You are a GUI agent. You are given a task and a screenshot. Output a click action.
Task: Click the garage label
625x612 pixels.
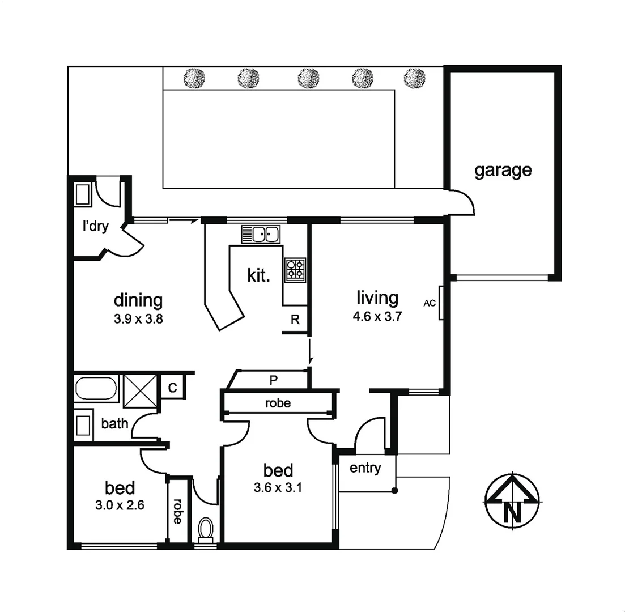pos(503,170)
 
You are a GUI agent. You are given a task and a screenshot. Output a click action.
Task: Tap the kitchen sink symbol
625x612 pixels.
pos(261,233)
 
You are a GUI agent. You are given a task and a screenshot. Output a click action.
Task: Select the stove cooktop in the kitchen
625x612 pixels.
pos(295,270)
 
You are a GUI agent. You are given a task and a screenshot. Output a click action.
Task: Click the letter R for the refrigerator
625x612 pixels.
pos(295,319)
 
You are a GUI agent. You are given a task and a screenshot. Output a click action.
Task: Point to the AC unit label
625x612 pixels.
pos(430,303)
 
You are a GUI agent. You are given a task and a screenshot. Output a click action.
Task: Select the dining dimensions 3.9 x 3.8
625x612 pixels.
pos(138,319)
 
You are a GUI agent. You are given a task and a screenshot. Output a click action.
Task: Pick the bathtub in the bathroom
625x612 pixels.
pos(95,389)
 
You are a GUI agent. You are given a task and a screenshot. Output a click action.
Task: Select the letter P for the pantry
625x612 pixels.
pos(273,381)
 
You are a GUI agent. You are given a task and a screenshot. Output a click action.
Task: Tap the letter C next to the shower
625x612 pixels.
pos(173,388)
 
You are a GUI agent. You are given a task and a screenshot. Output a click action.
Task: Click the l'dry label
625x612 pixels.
pos(95,227)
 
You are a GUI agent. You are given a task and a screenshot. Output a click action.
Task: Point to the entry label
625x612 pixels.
pos(365,469)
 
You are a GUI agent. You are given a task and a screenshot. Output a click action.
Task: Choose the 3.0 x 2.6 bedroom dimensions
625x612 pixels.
pos(120,505)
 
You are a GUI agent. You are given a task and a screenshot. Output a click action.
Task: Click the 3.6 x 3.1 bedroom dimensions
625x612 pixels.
pos(278,487)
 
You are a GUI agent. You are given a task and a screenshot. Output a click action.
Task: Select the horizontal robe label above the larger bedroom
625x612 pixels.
pos(278,403)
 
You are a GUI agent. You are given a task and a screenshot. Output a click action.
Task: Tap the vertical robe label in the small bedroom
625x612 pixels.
pos(177,511)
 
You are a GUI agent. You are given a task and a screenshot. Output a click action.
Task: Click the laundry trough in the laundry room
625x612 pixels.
pos(83,194)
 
